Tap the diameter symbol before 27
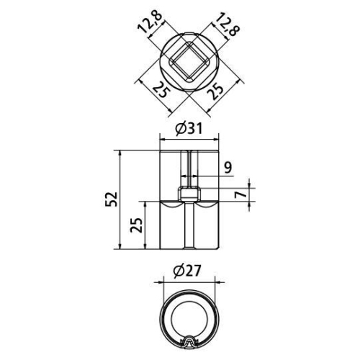pos(179,271)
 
